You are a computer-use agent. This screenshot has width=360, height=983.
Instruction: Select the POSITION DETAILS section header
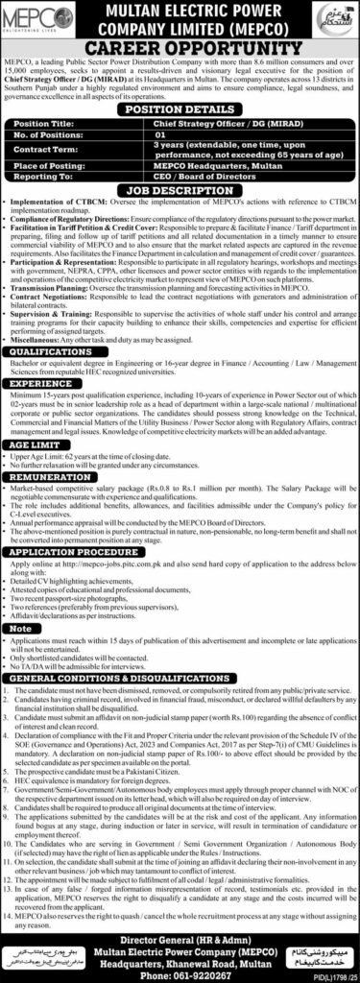pos(180,111)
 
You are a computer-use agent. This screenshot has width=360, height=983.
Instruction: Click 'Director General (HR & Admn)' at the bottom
pos(180,930)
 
